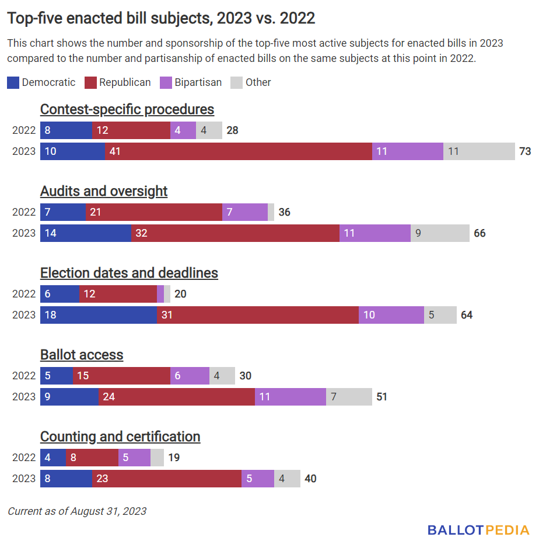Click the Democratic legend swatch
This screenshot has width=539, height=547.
tap(13, 82)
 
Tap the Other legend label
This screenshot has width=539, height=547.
tap(258, 82)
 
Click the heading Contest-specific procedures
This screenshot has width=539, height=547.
tap(127, 109)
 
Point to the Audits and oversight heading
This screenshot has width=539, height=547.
tap(104, 191)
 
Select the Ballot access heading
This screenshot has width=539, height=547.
tap(82, 355)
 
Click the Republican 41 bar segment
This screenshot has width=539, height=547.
tap(239, 151)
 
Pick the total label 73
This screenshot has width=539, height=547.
tap(525, 151)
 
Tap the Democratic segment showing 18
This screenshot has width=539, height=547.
tap(99, 315)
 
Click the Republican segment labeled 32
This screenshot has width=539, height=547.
tap(235, 233)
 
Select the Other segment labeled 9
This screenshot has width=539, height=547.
tap(440, 233)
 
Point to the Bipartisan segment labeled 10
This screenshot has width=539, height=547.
tap(391, 315)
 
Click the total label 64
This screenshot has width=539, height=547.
tap(467, 315)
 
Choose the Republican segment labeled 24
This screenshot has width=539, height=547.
tap(177, 397)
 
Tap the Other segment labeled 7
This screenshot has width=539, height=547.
tap(349, 397)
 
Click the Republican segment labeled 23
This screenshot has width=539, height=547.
tap(167, 479)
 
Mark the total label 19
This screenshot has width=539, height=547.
tap(174, 458)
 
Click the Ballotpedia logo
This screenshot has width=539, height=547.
tap(478, 530)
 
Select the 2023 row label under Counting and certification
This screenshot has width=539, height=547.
tap(24, 479)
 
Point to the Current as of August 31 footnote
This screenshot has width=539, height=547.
tap(77, 511)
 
